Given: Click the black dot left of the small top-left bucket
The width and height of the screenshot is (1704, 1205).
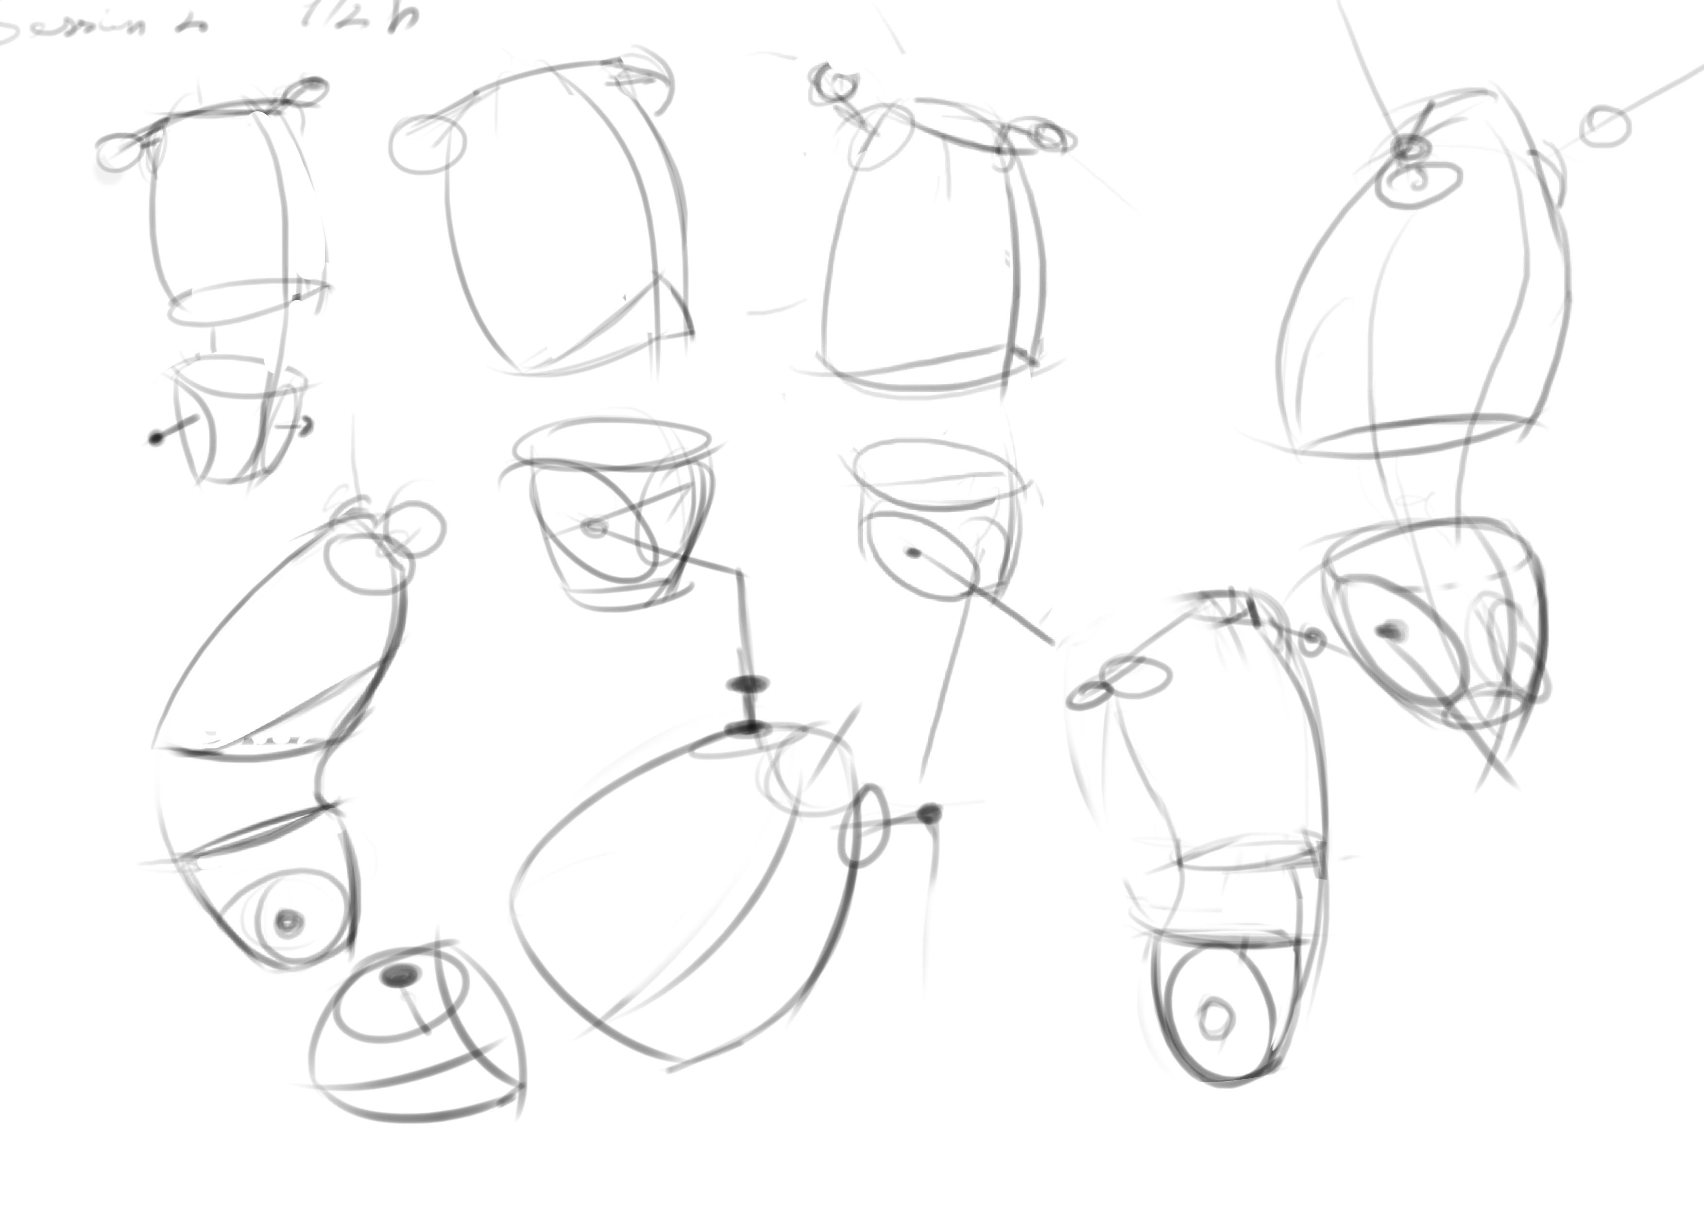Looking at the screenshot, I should [155, 438].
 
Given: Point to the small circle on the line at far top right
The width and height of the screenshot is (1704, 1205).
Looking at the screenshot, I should [1607, 126].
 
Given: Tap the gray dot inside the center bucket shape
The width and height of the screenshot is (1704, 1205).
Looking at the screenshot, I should [595, 528].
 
